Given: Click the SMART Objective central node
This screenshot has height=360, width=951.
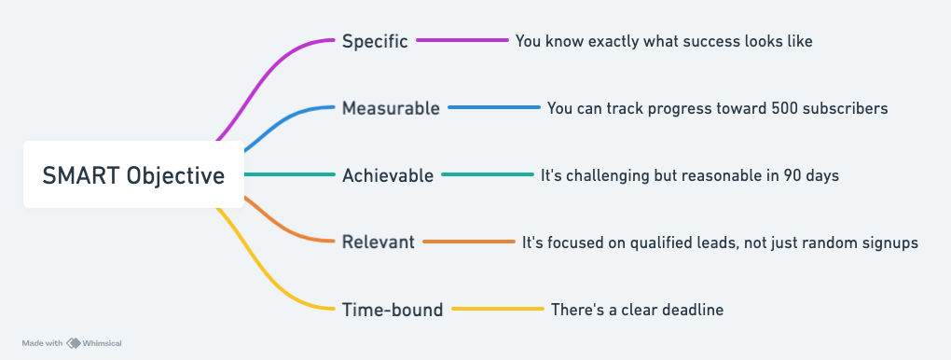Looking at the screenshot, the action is click(x=133, y=174).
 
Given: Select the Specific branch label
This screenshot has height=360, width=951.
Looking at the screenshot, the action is click(x=375, y=41).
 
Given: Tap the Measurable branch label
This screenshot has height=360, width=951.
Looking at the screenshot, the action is click(x=391, y=108).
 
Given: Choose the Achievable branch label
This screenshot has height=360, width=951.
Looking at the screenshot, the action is click(x=388, y=175).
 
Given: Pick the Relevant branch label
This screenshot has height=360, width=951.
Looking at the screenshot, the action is click(x=378, y=242).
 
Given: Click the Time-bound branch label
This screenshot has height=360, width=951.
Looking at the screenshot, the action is click(x=393, y=310).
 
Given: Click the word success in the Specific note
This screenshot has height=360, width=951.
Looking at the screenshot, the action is click(x=665, y=41).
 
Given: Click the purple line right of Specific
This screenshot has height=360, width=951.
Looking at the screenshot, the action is click(x=462, y=40).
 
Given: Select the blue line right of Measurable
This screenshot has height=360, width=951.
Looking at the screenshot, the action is click(x=494, y=107).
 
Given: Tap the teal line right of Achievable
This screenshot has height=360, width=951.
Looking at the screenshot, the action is click(x=488, y=174).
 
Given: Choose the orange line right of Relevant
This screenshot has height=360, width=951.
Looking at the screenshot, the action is click(x=469, y=242).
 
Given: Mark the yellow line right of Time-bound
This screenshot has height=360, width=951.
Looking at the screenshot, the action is click(x=498, y=309).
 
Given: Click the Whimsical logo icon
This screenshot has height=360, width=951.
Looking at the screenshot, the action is click(x=74, y=343).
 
